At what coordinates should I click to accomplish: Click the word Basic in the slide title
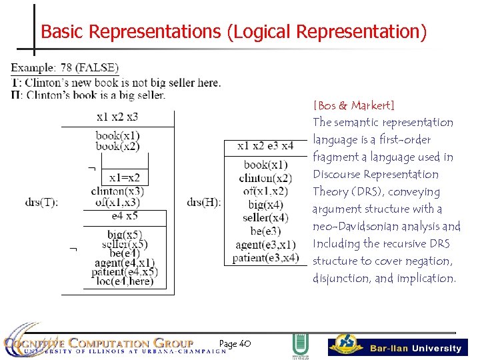pos(63,31)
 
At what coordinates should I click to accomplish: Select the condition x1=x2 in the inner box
pos(125,177)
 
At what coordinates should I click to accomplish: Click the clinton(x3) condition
pos(118,191)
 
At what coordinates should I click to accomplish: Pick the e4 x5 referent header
pos(125,216)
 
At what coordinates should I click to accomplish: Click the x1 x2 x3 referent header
pos(117,117)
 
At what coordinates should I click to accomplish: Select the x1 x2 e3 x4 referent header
pos(265,146)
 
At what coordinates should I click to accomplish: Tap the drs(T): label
pos(42,202)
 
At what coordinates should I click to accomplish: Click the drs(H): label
pos(204,202)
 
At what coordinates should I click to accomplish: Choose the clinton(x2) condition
pos(265,178)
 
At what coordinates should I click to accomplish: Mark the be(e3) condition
pos(265,231)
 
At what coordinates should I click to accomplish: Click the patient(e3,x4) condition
pos(265,258)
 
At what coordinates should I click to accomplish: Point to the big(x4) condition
pos(265,205)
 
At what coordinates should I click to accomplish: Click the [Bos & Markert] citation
pos(353,105)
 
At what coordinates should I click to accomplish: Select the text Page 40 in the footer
pos(235,343)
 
